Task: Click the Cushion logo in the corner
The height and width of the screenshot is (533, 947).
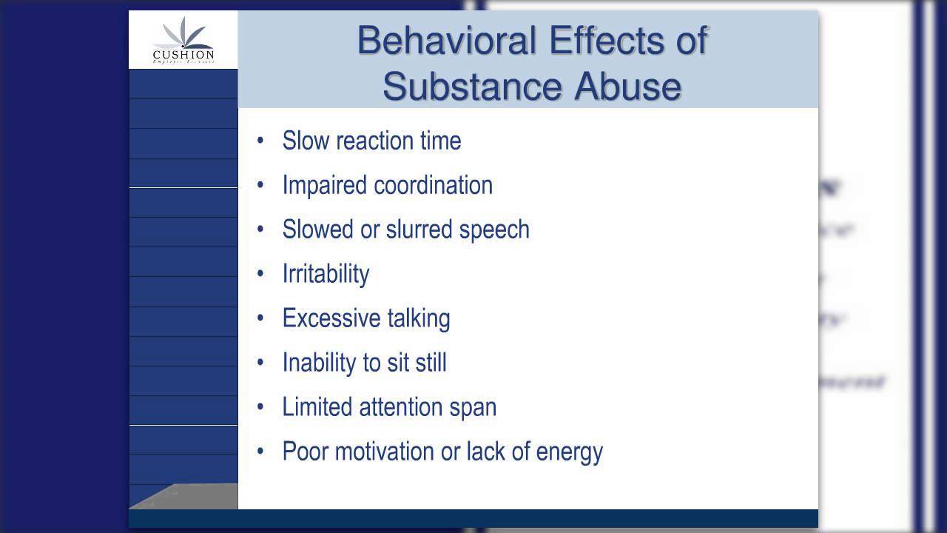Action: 183,41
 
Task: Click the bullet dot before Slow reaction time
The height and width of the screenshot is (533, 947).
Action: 260,141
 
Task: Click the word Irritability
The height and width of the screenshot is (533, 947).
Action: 326,275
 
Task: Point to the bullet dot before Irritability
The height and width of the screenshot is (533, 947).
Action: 260,274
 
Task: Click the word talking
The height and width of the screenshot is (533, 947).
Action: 419,319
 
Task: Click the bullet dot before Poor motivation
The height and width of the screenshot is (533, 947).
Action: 260,452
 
